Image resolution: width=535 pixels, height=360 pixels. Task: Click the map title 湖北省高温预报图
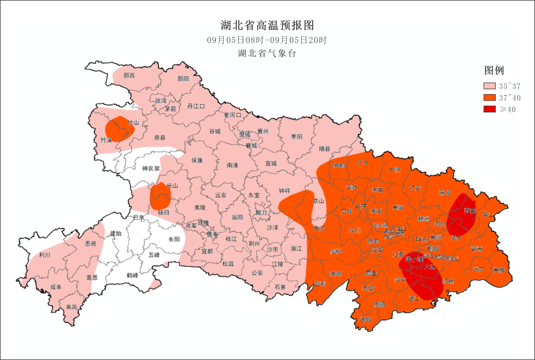[x=267, y=25]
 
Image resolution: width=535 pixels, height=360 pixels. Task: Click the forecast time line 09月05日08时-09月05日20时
[x=267, y=40]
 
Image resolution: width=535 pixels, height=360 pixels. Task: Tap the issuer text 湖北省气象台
[x=267, y=53]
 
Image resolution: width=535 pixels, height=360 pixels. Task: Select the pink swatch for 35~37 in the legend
[x=490, y=86]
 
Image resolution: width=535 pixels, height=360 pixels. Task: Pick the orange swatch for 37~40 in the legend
[x=490, y=98]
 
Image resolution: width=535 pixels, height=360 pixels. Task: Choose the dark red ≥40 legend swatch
[x=490, y=109]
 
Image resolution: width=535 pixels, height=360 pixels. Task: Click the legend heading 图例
[x=494, y=70]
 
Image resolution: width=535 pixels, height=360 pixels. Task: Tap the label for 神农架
[x=151, y=169]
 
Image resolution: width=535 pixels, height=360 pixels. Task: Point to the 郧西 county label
[x=129, y=76]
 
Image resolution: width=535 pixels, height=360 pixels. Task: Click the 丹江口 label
[x=196, y=106]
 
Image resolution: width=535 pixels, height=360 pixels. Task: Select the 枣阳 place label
[x=297, y=137]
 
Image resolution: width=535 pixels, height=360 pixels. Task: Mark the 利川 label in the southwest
[x=45, y=256]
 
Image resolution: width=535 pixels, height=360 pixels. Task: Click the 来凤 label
[x=72, y=307]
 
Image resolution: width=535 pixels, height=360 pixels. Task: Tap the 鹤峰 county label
[x=132, y=275]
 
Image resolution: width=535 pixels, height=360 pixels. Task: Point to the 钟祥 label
[x=284, y=190]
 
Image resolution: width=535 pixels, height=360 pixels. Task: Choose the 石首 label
[x=280, y=287]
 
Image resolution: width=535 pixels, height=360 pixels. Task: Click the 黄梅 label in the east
[x=499, y=270]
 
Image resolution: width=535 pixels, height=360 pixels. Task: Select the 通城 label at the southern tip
[x=366, y=319]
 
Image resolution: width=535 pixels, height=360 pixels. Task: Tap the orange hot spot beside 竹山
[x=119, y=129]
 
